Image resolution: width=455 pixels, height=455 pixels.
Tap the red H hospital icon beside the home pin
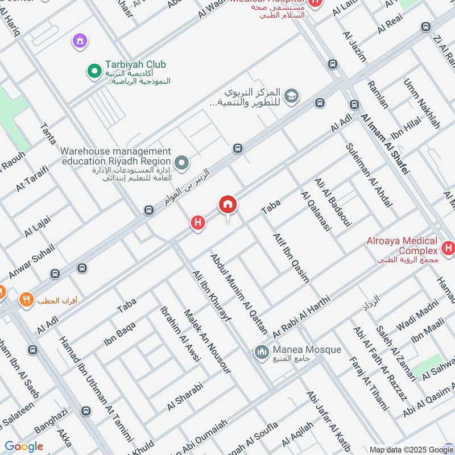pyautogui.click(x=197, y=224)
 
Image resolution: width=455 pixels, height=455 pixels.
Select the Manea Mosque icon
pyautogui.click(x=261, y=352)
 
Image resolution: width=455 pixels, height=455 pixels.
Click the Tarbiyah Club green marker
pyautogui.click(x=93, y=71)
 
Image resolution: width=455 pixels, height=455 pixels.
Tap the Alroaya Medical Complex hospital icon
pyautogui.click(x=448, y=249)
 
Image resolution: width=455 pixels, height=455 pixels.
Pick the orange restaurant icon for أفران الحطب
pyautogui.click(x=26, y=300)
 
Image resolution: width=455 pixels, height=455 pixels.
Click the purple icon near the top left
pyautogui.click(x=80, y=40)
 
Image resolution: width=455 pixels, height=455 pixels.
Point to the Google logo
pyautogui.click(x=23, y=446)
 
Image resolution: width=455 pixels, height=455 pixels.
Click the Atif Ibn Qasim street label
pyautogui.click(x=291, y=258)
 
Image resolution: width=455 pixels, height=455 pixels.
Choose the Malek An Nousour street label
pyautogui.click(x=207, y=341)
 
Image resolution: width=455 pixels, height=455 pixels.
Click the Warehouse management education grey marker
pyautogui.click(x=182, y=164)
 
